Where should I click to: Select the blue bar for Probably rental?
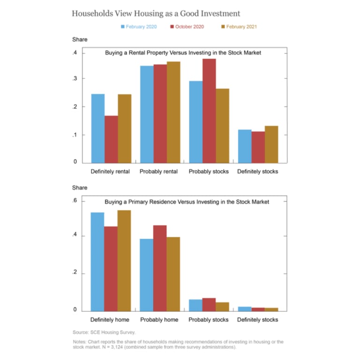pos(147,114)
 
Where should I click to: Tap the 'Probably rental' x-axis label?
pos(158,172)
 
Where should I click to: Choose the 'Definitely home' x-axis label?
pos(111,320)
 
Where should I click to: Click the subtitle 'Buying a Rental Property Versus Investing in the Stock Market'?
pos(183,53)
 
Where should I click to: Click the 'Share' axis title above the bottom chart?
pos(80,188)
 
